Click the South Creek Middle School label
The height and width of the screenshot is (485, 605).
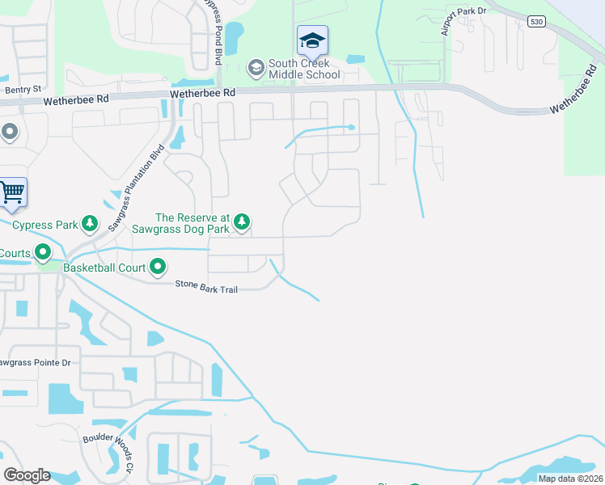click(x=304, y=70)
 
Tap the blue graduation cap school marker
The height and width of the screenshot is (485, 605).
click(x=311, y=40)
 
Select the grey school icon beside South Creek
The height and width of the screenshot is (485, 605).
click(x=256, y=66)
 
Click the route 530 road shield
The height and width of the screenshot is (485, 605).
click(x=536, y=22)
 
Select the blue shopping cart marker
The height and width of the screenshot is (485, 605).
click(x=12, y=192)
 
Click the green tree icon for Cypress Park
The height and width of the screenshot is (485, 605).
click(x=91, y=222)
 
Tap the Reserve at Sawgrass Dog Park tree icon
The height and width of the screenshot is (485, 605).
click(x=241, y=221)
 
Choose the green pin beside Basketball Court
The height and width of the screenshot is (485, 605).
click(x=158, y=266)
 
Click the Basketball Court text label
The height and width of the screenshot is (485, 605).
click(x=104, y=267)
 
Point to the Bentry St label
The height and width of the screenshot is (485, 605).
click(x=23, y=90)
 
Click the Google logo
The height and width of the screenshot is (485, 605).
click(x=27, y=475)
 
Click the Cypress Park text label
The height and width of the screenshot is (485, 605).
click(x=44, y=225)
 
